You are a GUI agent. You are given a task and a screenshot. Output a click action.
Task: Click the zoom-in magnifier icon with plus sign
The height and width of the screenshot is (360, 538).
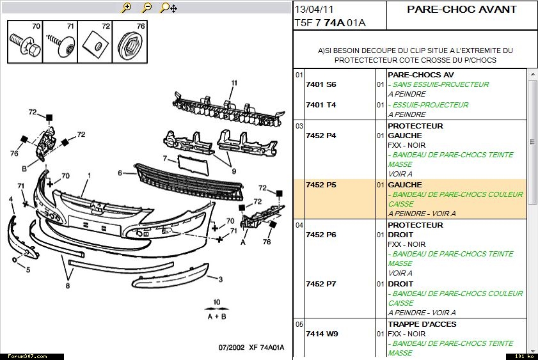tap(127, 7)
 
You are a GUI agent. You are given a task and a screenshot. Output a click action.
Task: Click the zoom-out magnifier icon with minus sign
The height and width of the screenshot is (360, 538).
tap(147, 7)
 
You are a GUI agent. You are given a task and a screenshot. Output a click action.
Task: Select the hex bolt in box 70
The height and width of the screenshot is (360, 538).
tap(25, 45)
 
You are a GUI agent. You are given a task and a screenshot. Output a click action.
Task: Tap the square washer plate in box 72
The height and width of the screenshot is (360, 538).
tap(95, 44)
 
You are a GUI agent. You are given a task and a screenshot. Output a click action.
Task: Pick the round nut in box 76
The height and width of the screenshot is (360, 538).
tap(130, 46)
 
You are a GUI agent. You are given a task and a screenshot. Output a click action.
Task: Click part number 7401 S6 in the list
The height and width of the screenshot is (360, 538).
tap(320, 84)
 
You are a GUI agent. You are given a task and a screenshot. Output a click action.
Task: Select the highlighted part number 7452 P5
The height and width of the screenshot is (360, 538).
tap(320, 185)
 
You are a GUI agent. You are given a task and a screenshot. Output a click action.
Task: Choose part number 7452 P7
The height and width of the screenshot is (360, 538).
tap(320, 284)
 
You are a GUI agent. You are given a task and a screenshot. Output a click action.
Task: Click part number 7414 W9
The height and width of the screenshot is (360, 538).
tap(322, 334)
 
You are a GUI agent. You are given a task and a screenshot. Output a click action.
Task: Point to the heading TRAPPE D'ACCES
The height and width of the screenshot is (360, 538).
tap(422, 324)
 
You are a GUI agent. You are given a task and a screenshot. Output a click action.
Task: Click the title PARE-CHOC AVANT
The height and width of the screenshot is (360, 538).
tap(462, 9)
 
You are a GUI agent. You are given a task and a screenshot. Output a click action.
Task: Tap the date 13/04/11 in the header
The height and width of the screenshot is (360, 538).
tap(314, 9)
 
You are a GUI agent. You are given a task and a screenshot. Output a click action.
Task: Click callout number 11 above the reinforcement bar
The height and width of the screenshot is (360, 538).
tap(234, 82)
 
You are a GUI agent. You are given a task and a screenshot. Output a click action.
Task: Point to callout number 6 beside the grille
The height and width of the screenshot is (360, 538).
tap(120, 173)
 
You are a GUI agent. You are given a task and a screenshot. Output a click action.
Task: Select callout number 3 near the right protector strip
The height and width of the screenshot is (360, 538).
tap(220, 279)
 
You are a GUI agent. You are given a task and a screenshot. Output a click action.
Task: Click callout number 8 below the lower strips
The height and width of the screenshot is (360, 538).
tap(68, 286)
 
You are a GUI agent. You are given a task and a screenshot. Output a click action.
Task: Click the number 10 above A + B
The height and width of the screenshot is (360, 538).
tap(216, 302)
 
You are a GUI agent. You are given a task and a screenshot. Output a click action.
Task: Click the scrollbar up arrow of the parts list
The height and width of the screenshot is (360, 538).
tap(532, 74)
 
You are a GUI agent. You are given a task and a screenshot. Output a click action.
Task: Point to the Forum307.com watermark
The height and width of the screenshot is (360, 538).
tap(28, 357)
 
